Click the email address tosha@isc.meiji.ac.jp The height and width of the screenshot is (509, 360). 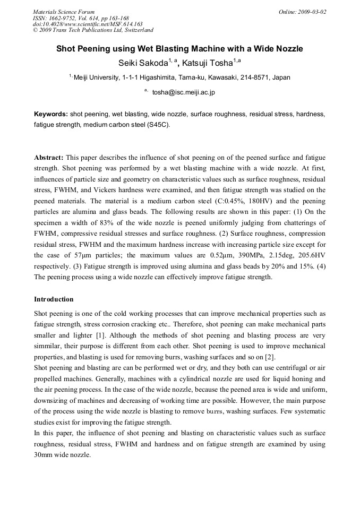(183, 92)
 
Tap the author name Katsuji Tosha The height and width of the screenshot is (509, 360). (208, 63)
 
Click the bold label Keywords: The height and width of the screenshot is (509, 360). (51, 114)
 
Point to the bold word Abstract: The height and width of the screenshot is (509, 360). (49, 158)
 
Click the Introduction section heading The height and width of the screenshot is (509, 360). (54, 299)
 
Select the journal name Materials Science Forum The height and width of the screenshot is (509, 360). (64, 12)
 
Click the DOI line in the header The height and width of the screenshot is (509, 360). (88, 24)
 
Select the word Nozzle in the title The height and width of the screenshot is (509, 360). (288, 49)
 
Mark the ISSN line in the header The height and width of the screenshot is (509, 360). (81, 18)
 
